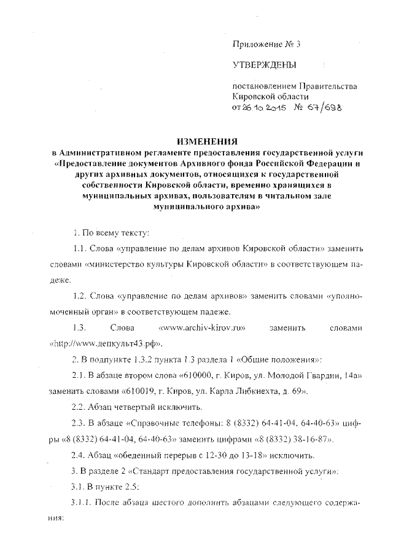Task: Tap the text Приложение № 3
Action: pos(267,44)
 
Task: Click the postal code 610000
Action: pos(203,374)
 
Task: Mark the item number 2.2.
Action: pos(80,407)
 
